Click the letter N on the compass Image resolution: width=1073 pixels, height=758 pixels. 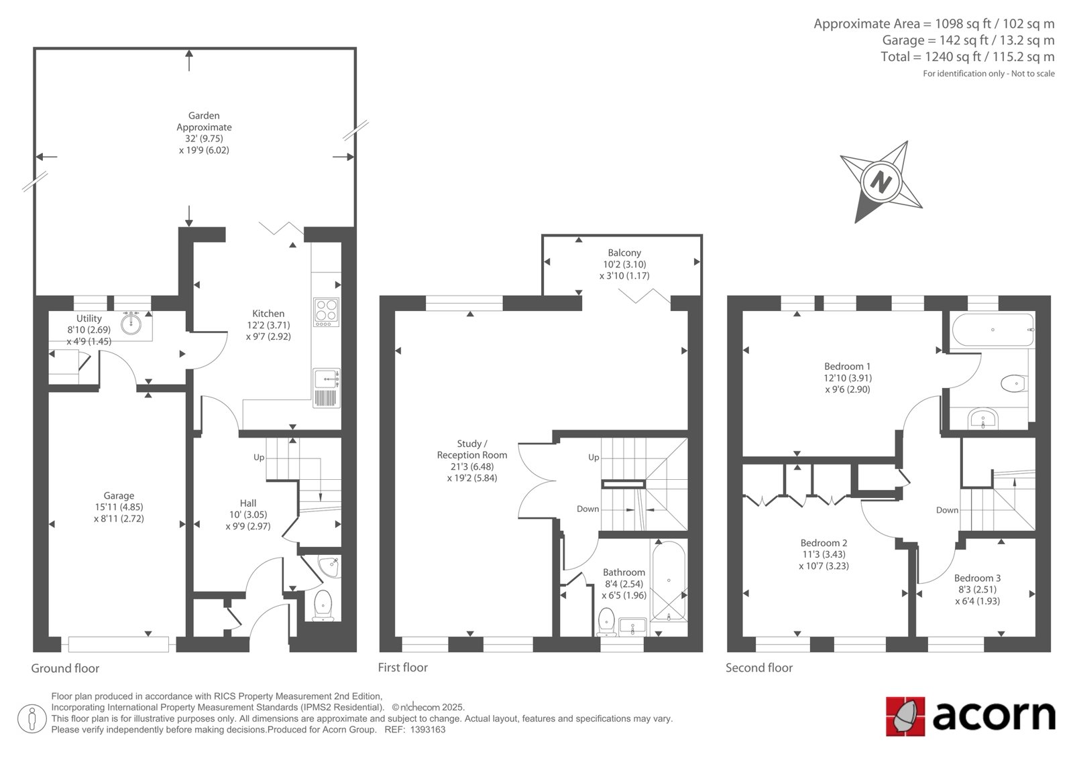pos(881,182)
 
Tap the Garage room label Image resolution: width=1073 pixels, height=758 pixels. pos(119,495)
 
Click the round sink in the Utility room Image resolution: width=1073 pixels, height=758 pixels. pos(131,323)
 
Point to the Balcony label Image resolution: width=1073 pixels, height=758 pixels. pos(624,253)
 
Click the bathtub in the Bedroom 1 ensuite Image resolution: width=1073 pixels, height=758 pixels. pos(993,330)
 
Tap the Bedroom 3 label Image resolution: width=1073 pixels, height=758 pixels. pos(977,578)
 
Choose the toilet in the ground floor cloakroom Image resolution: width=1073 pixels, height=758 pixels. pos(323,605)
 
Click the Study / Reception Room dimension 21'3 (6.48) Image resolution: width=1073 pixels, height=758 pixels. pos(472,466)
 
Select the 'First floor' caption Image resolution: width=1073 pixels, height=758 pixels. pos(402,668)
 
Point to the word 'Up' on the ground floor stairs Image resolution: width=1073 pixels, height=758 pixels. pos(259,457)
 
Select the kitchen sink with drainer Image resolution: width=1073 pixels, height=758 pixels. pos(326,388)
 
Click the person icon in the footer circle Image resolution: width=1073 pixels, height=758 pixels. pos(32,718)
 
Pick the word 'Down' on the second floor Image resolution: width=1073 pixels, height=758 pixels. pos(947,510)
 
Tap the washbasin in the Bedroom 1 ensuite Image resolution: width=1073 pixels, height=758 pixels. pos(983,418)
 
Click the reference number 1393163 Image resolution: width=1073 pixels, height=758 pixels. pos(428,730)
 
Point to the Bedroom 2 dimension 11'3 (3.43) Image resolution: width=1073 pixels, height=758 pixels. pos(824,554)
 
